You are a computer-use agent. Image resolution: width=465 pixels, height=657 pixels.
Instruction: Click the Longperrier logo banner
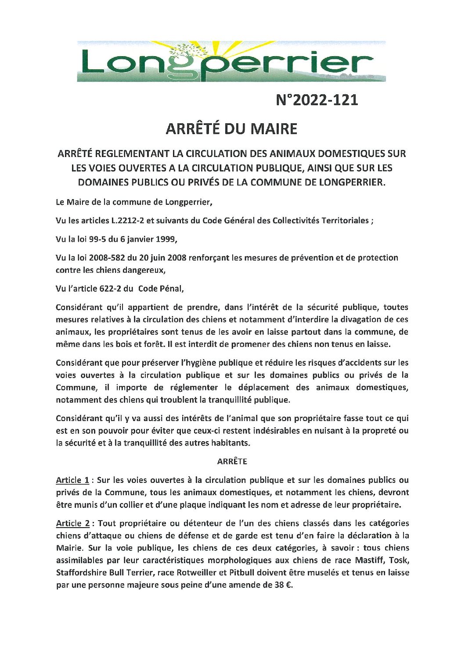pos(231,61)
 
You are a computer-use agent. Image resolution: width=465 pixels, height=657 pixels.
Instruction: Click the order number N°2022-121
pos(317,100)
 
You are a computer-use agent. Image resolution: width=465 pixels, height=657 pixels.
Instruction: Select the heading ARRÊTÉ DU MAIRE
pos(231,129)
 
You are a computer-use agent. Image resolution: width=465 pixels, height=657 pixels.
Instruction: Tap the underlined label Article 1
pos(72,480)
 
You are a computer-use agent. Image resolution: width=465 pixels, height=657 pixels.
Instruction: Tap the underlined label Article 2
pos(73,523)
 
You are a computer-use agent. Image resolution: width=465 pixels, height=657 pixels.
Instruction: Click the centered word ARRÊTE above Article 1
pos(232,461)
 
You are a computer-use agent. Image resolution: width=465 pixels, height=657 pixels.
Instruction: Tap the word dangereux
pos(144,270)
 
